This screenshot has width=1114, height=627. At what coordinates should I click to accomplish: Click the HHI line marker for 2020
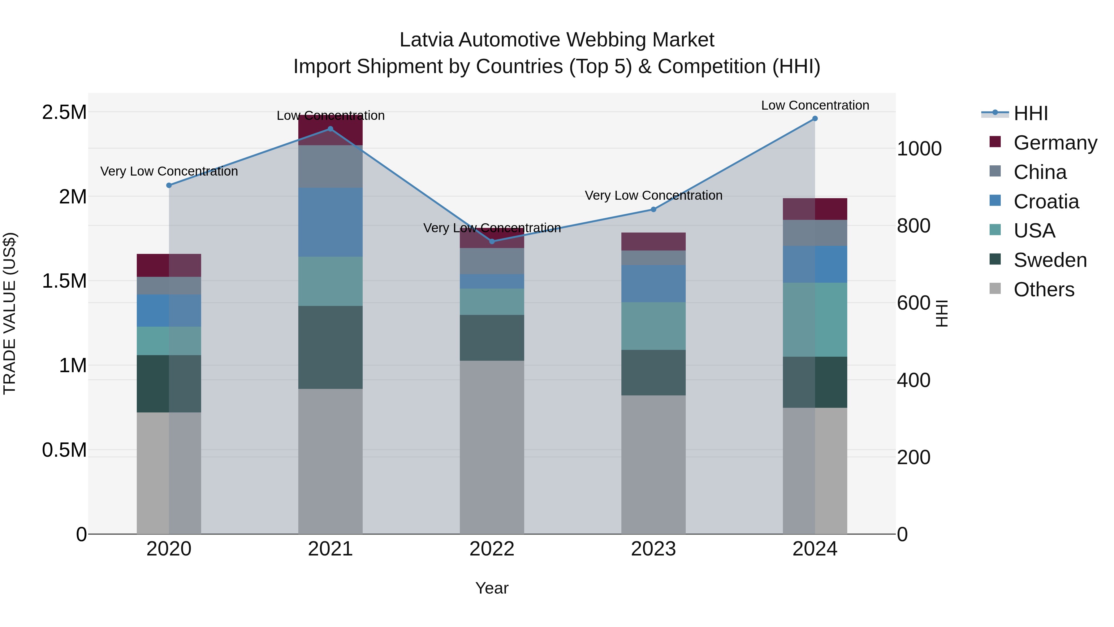(169, 185)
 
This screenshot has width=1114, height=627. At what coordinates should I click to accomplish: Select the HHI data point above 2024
(815, 119)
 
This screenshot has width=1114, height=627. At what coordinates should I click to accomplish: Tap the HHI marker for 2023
(654, 209)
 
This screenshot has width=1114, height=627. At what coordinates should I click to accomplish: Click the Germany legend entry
(1055, 143)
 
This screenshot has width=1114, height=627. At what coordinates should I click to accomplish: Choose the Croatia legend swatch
(995, 201)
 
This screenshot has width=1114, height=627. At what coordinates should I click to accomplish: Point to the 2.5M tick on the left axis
(64, 112)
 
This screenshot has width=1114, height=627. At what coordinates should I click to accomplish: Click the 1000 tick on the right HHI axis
(919, 149)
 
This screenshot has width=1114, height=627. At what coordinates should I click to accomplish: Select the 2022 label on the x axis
(492, 549)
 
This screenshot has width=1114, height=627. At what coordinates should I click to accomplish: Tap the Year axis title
(492, 588)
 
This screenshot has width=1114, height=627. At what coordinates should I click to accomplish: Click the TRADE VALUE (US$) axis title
(10, 313)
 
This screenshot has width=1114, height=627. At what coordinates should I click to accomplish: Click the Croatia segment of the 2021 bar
(330, 222)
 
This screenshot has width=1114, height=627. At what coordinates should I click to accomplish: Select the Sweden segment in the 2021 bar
(330, 347)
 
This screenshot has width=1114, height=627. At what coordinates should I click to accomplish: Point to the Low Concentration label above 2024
(815, 105)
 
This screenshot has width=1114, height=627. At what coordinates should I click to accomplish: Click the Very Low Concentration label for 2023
(654, 196)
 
